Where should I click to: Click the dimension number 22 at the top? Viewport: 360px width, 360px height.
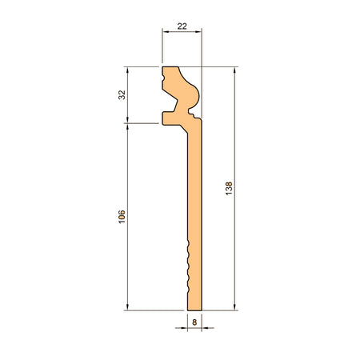[x=182, y=26]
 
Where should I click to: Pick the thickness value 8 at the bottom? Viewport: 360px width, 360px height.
[x=194, y=322]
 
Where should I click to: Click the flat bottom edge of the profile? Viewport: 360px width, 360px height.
[x=194, y=310]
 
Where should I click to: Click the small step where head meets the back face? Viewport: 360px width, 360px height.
[x=196, y=118]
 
